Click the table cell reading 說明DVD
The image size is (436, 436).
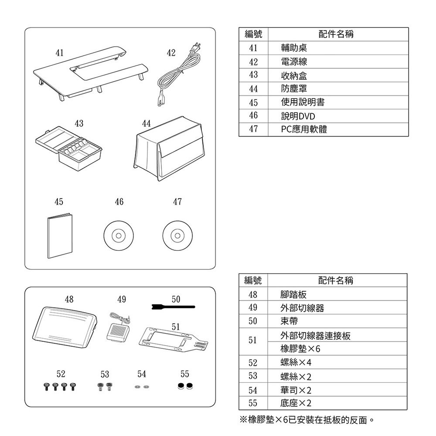[x=298, y=116]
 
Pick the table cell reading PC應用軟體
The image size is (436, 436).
[x=304, y=129]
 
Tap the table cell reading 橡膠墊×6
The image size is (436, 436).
[x=300, y=350]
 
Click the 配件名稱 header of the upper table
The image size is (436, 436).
[x=336, y=34]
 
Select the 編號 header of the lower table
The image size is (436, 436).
[x=253, y=280]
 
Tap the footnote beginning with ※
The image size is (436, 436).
[x=307, y=420]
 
